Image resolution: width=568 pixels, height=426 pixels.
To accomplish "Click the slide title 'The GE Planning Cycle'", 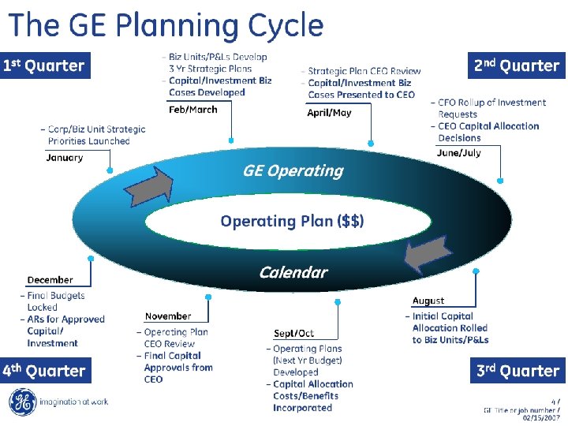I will pos(166,25).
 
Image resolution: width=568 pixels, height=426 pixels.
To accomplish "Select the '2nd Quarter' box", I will pos(517,65).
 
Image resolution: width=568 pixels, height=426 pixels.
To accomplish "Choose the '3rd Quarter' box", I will pos(518,371).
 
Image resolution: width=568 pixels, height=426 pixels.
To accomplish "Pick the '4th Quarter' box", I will pos(43,371).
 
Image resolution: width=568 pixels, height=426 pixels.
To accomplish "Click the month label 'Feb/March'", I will pos(192,110).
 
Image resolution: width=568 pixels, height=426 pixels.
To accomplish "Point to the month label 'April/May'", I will pos(329,112).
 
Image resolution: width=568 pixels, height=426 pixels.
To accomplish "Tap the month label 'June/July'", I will pos(458,152).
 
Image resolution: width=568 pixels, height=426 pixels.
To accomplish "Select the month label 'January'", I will pos(65,157).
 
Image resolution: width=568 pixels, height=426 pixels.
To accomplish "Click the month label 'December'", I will pos(50,280).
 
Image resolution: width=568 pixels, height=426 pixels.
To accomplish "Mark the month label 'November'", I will pos(167,316).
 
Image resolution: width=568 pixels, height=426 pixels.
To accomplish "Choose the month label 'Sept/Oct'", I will pos(293,333).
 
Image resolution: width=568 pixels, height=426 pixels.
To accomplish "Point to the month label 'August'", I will pos(428,301).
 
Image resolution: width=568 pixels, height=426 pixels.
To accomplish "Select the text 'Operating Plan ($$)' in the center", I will pos(292,221).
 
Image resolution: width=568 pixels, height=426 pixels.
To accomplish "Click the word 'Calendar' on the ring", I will pos(293,272).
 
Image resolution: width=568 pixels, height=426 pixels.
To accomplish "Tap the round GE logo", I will pos(23,402).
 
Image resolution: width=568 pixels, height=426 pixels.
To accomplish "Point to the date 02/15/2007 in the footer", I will pos(541,418).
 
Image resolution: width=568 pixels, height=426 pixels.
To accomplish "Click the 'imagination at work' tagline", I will pos(74,402).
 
